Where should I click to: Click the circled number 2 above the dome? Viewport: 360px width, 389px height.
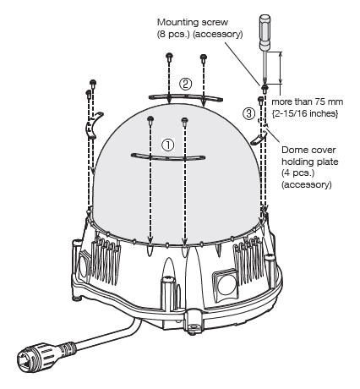click(x=186, y=84)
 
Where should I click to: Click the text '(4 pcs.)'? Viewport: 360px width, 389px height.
click(x=296, y=173)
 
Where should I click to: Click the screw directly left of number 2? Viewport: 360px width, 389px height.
click(x=170, y=59)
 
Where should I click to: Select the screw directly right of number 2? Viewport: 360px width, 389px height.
click(x=203, y=59)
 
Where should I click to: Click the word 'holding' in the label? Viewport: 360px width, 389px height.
click(x=300, y=161)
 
